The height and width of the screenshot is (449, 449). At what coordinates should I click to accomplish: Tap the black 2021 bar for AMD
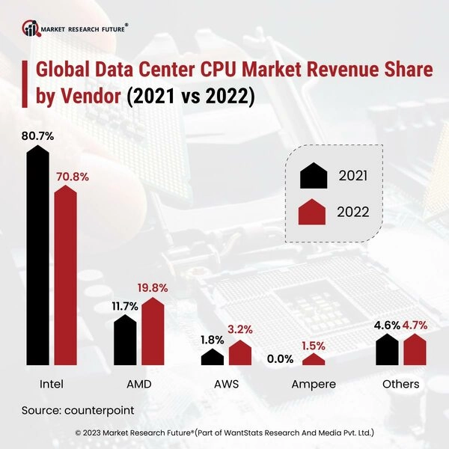[125, 340]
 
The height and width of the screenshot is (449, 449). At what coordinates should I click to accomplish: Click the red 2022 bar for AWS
[240, 352]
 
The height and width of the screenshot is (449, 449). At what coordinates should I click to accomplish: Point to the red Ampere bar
[314, 359]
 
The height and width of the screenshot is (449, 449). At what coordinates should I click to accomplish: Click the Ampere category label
[313, 385]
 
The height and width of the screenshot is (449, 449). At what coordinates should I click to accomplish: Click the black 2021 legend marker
[314, 176]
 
